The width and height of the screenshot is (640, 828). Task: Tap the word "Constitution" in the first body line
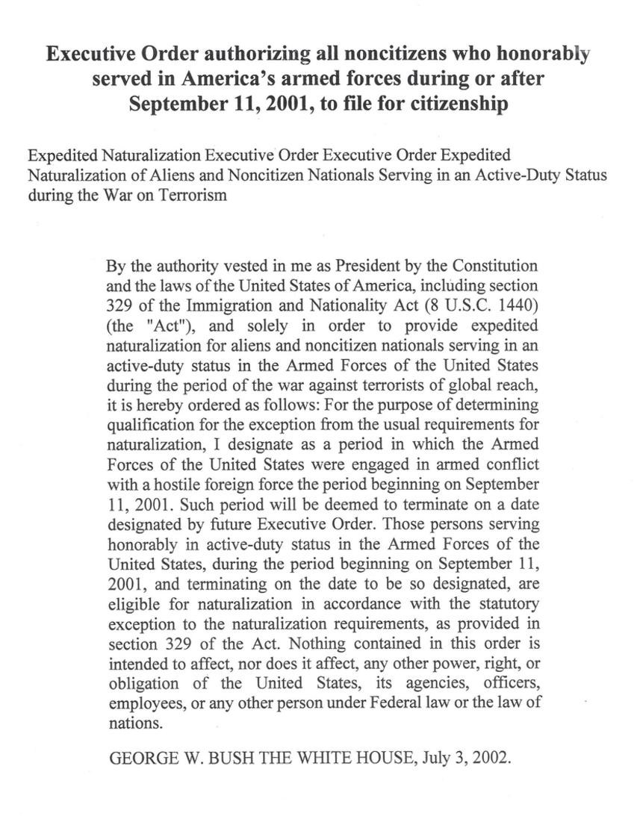pos(492,267)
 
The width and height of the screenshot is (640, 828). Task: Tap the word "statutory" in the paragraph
pos(509,603)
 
